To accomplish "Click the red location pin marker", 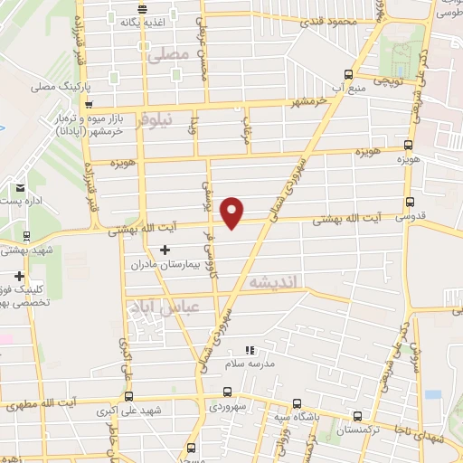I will click(x=233, y=212).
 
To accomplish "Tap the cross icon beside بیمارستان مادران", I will click(x=164, y=249).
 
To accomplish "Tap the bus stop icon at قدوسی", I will click(x=411, y=202).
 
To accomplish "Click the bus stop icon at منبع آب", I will click(x=349, y=75).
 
